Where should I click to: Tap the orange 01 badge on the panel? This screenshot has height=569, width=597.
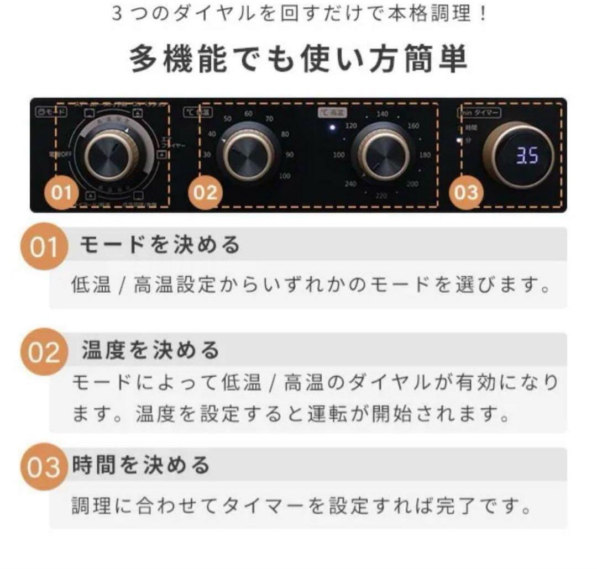click(61, 193)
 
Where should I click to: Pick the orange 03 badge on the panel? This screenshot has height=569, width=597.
click(465, 193)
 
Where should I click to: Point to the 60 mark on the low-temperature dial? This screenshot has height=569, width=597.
click(249, 114)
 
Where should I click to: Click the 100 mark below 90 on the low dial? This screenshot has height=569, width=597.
click(285, 176)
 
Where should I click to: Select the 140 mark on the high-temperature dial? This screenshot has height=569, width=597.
click(382, 114)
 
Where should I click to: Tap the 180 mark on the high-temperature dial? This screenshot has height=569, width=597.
click(425, 155)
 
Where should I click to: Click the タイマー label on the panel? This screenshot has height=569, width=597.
click(486, 112)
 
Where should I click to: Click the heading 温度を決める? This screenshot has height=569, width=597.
click(150, 350)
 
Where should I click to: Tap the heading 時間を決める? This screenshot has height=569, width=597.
click(142, 465)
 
